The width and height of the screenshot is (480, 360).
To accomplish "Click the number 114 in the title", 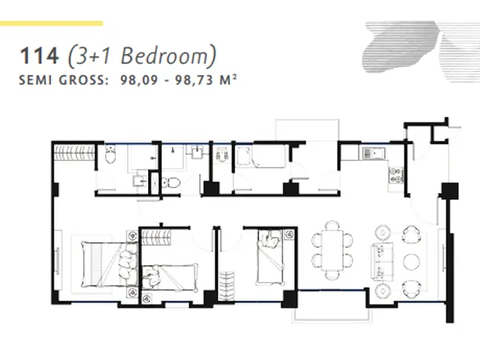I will coord(41,57).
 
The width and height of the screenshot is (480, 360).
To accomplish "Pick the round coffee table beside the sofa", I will coord(412,262).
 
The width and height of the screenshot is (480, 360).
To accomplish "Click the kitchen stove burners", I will coord(394,175).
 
